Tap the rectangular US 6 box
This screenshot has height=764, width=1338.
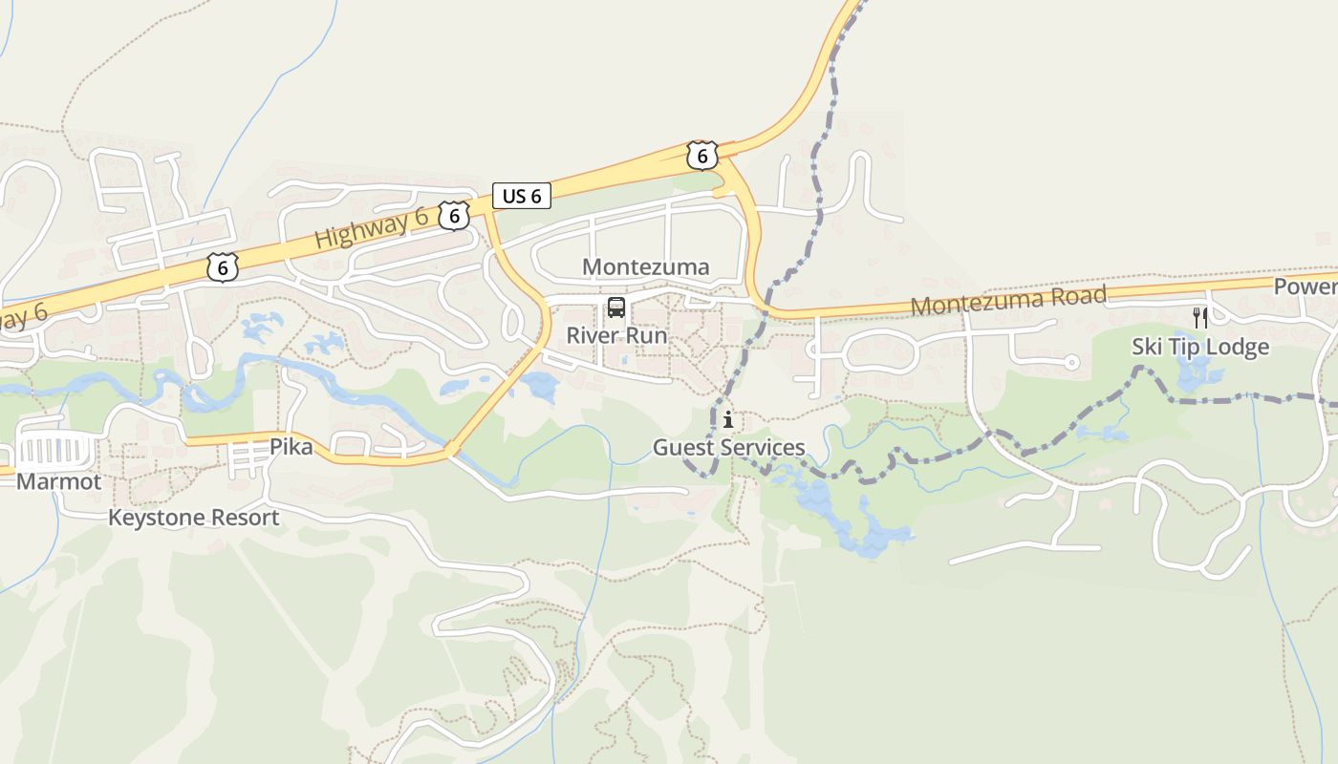(522, 196)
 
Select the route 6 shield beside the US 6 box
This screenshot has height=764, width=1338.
(454, 216)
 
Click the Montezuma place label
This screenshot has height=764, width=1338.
(646, 266)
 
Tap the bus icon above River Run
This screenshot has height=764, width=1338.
(616, 308)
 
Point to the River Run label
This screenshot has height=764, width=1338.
(616, 335)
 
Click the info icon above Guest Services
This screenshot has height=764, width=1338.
(728, 419)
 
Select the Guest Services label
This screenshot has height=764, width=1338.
(728, 447)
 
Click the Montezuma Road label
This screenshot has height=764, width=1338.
(1008, 300)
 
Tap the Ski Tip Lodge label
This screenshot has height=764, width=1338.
(1200, 346)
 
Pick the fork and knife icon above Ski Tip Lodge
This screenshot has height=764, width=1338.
(1200, 317)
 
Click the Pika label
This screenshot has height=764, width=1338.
(291, 446)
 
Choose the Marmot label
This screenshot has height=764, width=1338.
(58, 481)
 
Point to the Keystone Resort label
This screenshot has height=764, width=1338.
(193, 518)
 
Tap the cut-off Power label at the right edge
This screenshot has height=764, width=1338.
(1306, 286)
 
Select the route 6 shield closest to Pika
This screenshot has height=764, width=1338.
(222, 267)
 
